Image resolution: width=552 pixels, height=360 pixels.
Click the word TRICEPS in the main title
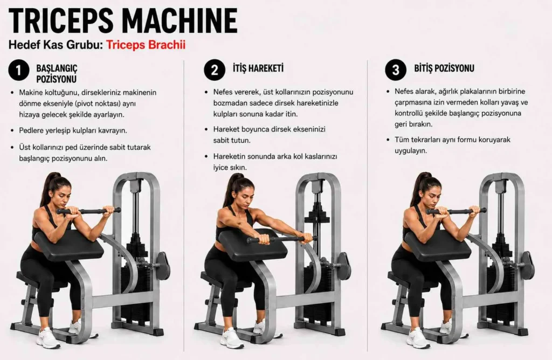coord(61,20)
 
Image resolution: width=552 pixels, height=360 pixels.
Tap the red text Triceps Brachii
coord(146,45)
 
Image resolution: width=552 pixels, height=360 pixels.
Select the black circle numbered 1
coord(19,70)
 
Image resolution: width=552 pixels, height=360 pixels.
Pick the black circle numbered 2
coord(215,70)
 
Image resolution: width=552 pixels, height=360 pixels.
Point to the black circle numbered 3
coord(396,70)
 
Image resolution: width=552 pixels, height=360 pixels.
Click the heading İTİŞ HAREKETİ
coord(258,68)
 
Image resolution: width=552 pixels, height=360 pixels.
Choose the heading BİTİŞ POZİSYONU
coord(444,68)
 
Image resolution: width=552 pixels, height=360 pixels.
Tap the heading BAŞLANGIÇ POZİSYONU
coord(57,73)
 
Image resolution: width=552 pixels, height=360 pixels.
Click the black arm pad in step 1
coord(69,245)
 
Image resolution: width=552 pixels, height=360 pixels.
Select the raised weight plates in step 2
coord(317,216)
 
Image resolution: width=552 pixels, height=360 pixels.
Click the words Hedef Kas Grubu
coord(56,45)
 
